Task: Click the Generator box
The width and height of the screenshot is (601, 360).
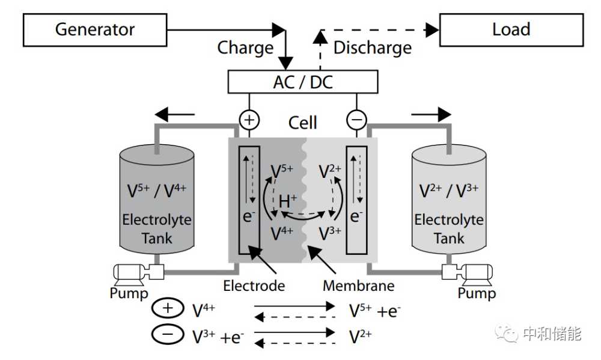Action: click(x=95, y=30)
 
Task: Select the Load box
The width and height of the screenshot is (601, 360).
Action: click(x=511, y=30)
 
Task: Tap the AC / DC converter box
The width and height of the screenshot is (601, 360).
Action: click(x=303, y=82)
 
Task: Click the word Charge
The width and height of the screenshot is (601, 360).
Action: click(x=245, y=48)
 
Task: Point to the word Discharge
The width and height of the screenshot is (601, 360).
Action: click(x=373, y=48)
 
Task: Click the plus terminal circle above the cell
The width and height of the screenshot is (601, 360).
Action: click(x=249, y=120)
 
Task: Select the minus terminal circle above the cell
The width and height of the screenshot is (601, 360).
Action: click(x=356, y=120)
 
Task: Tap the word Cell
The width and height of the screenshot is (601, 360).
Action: click(x=302, y=123)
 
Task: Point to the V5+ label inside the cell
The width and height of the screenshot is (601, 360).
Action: click(x=282, y=171)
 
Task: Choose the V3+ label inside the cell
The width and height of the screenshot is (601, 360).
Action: click(x=330, y=233)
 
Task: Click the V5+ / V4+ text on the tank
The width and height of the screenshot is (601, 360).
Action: click(x=157, y=191)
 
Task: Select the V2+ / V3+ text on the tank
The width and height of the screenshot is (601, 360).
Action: click(x=449, y=191)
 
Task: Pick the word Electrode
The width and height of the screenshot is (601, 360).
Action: click(x=254, y=285)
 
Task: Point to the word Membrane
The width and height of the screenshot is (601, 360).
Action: click(x=358, y=285)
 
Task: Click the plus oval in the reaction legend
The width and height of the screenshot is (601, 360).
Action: click(x=168, y=308)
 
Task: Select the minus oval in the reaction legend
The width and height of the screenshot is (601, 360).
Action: click(x=168, y=334)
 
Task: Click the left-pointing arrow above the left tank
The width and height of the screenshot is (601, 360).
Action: click(x=175, y=114)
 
